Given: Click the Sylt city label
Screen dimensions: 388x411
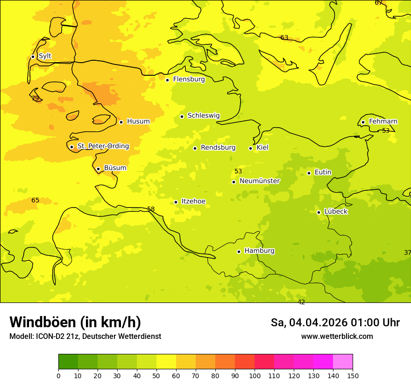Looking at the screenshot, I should [45, 56].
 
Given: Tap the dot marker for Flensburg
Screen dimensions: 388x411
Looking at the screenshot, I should [167, 80].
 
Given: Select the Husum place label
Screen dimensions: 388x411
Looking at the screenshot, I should [138, 122].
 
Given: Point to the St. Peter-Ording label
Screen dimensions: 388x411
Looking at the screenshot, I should [103, 146].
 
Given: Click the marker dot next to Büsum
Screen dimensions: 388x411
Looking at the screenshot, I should [98, 169].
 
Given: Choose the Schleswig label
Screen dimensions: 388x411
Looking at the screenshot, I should [203, 115].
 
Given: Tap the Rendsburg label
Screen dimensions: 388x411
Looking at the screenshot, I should [218, 148].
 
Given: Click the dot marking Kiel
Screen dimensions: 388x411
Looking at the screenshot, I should [250, 149].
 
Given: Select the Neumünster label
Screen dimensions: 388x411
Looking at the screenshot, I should [259, 181].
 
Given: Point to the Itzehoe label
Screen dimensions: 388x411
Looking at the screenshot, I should [193, 201].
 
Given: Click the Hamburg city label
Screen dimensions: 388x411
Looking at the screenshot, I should [259, 251].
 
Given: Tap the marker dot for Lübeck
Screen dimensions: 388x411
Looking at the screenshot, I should [319, 212].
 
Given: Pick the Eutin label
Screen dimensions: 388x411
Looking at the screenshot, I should [323, 172].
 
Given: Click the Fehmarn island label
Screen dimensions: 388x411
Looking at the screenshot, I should [383, 122].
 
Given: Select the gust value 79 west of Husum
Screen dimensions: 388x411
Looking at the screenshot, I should [35, 98].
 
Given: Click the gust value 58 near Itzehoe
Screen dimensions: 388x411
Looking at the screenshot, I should [151, 209].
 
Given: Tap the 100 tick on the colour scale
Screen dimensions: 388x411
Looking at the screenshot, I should [255, 375].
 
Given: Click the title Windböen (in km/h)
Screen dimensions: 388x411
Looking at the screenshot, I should [75, 322].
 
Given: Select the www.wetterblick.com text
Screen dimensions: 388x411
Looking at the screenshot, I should [337, 337].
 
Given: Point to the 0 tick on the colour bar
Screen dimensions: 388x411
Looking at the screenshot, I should [58, 375].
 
